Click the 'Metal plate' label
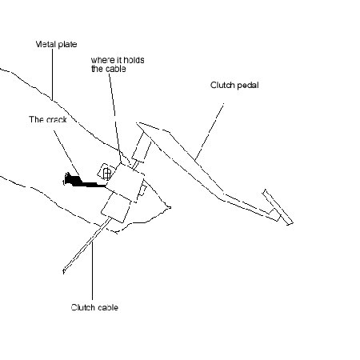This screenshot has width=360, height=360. click(x=56, y=44)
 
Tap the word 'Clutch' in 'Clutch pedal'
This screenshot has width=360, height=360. click(x=222, y=85)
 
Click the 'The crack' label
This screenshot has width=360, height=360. click(x=48, y=119)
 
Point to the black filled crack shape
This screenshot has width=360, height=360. click(x=82, y=182)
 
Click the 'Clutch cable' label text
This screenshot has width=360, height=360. click(x=94, y=307)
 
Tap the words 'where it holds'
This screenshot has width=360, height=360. click(x=118, y=60)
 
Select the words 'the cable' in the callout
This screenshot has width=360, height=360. click(x=109, y=69)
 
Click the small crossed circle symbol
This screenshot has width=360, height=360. click(x=107, y=174)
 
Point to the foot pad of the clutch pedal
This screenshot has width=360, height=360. click(x=278, y=207)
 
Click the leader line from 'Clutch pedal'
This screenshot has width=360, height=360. click(x=209, y=132)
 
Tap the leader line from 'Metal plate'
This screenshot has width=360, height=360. click(x=52, y=74)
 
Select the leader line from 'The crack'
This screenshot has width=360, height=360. click(x=66, y=153)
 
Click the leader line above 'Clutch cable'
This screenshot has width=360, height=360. click(x=92, y=270)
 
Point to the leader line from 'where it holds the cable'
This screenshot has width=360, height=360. click(x=115, y=118)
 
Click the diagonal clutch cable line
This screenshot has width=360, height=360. click(x=86, y=245)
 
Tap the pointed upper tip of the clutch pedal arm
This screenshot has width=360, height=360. click(x=137, y=123)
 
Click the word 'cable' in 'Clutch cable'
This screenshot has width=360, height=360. click(x=106, y=307)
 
